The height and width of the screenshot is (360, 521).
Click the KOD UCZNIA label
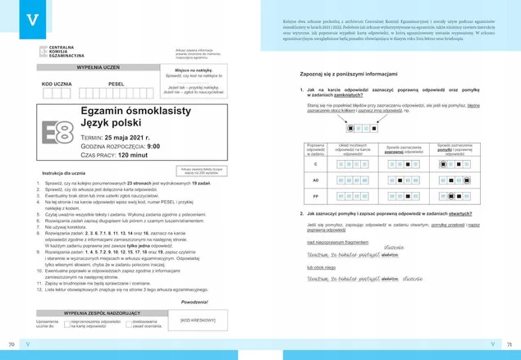point(57,84)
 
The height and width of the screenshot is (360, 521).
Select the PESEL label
point(116,84)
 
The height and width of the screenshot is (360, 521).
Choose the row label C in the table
point(315,165)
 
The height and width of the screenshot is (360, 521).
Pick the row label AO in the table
point(315,180)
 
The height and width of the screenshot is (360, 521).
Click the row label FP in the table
point(315,196)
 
